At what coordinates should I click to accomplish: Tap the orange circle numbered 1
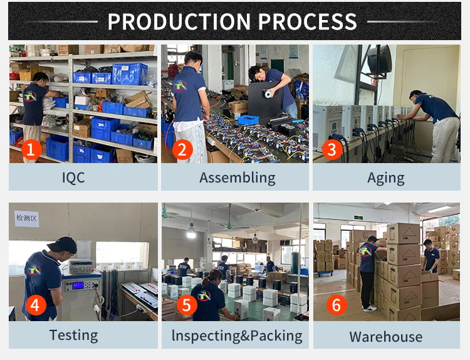pos(31,149)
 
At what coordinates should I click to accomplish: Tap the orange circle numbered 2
pos(182,149)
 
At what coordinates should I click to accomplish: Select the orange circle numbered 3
pos(333,149)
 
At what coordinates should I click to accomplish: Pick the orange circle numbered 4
pos(35,305)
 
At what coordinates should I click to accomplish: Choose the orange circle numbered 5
pos(187,305)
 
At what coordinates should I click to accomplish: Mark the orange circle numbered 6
pos(337,305)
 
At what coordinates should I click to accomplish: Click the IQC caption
pos(73,177)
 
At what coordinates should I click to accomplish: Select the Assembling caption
pos(237,177)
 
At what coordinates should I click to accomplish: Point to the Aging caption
pos(385,177)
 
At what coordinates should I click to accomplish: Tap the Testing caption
pos(73,335)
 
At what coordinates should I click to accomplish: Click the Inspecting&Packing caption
pos(237,336)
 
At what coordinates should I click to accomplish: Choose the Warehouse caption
pos(385,336)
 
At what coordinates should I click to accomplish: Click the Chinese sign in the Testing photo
pos(27,218)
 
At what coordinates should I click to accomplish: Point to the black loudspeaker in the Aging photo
pos(379,59)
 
